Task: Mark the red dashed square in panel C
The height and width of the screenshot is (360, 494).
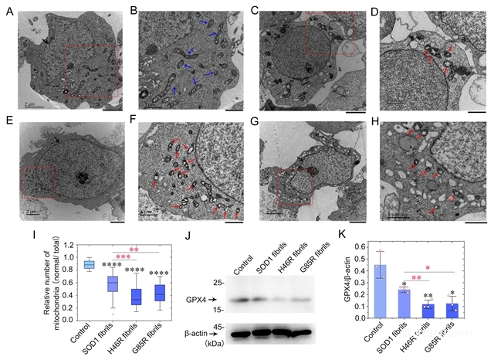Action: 330,32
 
